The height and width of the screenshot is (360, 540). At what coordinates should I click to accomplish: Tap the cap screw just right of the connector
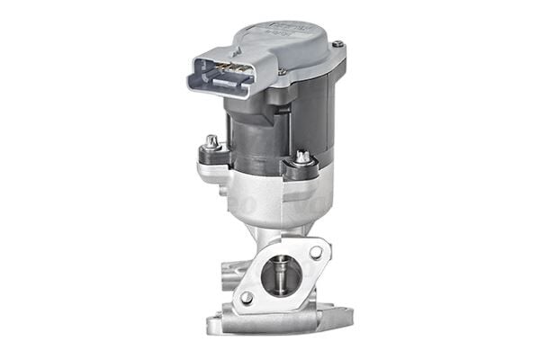pyautogui.click(x=282, y=71)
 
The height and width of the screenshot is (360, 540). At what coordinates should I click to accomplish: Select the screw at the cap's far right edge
pyautogui.click(x=336, y=45)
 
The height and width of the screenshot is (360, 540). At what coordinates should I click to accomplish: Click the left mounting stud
pyautogui.click(x=211, y=141)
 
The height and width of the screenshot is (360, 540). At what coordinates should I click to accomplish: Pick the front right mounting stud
pyautogui.click(x=301, y=158)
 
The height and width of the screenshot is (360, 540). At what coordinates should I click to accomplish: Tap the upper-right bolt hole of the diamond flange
pyautogui.click(x=316, y=253)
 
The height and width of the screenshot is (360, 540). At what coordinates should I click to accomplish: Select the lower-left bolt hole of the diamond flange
pyautogui.click(x=247, y=295)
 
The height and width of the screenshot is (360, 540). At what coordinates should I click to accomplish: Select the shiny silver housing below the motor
pyautogui.click(x=270, y=193)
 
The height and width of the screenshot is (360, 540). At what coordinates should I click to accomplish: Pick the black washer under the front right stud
pyautogui.click(x=301, y=168)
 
